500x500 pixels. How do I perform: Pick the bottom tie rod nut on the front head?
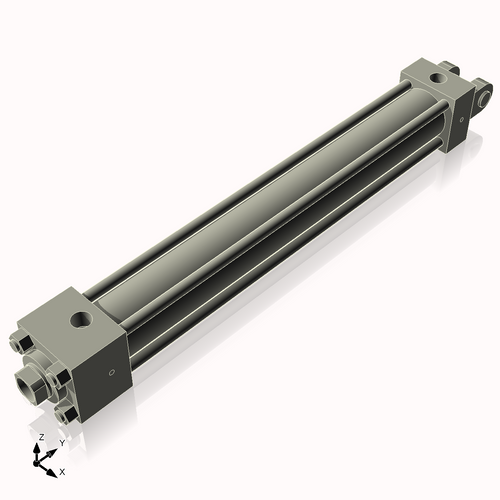click(x=66, y=411)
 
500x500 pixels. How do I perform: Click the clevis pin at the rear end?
click(x=486, y=98)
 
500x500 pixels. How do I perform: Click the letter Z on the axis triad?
click(x=40, y=437)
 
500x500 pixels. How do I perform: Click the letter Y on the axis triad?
click(x=61, y=443)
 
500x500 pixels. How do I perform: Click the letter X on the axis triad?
click(x=62, y=470)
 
